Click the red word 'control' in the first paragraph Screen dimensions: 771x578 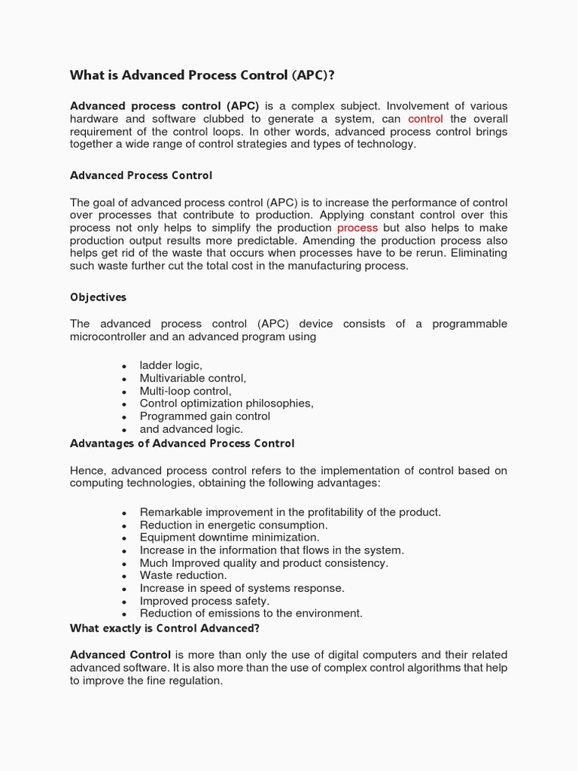coord(425,119)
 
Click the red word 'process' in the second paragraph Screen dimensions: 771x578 coord(357,227)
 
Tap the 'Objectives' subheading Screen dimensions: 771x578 coord(98,297)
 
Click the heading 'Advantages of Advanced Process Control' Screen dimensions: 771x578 coord(182,443)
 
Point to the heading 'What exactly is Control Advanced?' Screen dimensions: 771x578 coord(164,628)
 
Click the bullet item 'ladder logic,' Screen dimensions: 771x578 coord(171,365)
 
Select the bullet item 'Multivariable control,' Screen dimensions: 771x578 coord(193,378)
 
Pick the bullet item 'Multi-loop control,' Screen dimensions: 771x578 coord(185,391)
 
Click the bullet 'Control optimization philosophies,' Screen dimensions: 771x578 coord(227,403)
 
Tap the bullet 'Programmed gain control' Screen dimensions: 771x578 coord(205,416)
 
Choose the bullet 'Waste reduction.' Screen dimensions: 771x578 coord(183,575)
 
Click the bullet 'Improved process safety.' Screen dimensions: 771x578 coord(204,601)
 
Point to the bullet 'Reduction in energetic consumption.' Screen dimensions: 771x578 coord(233,525)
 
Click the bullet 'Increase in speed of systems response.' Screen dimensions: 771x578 coord(242,588)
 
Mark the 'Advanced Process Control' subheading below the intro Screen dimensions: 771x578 coord(141,175)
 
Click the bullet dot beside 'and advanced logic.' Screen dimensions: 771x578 coord(123,430)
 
